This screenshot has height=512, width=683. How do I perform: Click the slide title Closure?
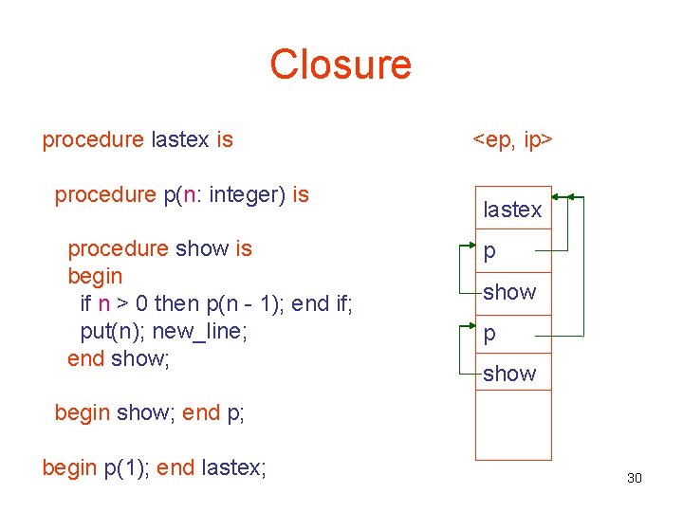341,64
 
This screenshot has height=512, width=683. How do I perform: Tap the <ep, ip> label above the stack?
513,140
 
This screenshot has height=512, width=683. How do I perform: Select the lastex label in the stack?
512,210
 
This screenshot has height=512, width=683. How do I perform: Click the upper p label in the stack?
489,251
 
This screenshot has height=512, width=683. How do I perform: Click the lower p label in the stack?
489,334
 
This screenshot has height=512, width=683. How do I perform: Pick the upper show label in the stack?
509,292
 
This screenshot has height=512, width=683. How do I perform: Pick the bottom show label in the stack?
509,374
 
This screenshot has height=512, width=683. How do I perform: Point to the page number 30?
635,478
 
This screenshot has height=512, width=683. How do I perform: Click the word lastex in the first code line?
180,140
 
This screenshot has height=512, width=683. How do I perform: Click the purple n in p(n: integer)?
190,195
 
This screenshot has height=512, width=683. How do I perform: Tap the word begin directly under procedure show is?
95,277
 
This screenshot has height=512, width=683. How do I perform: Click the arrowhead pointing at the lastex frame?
557,198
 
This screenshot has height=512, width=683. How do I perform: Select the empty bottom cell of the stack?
512,427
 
